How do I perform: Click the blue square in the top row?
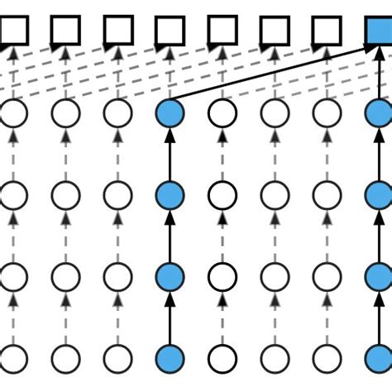pyautogui.click(x=380, y=31)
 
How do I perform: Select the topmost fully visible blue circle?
pyautogui.click(x=170, y=114)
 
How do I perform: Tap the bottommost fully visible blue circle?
pyautogui.click(x=170, y=360)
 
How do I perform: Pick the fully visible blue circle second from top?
pyautogui.click(x=170, y=195)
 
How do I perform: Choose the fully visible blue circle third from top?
pyautogui.click(x=170, y=277)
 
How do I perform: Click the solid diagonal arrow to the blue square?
pyautogui.click(x=273, y=81)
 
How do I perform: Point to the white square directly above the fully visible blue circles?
pyautogui.click(x=170, y=31)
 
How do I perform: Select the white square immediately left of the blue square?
pyautogui.click(x=327, y=31)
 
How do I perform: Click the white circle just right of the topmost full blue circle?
pyautogui.click(x=222, y=114)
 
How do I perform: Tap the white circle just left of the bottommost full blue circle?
pyautogui.click(x=117, y=360)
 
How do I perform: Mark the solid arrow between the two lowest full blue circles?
pyautogui.click(x=170, y=318)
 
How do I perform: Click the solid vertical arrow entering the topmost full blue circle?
pyautogui.click(x=170, y=155)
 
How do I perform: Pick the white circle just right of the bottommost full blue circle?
pyautogui.click(x=222, y=360)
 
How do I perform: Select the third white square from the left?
pyautogui.click(x=117, y=31)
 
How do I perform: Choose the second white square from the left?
pyautogui.click(x=65, y=31)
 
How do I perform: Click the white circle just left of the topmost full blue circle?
pyautogui.click(x=117, y=114)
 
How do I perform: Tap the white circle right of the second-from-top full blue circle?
pyautogui.click(x=222, y=195)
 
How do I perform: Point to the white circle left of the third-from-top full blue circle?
pyautogui.click(x=117, y=277)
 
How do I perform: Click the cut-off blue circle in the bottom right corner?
pyautogui.click(x=381, y=360)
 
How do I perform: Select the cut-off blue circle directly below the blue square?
pyautogui.click(x=381, y=114)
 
